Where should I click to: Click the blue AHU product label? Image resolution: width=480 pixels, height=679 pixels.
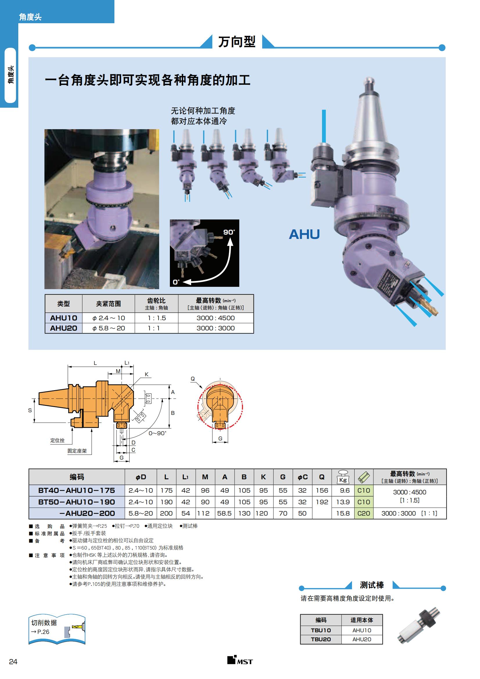coord(304,234)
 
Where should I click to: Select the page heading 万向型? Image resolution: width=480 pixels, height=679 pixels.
coord(237,42)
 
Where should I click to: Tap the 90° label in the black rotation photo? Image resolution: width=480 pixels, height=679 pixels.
coord(229,232)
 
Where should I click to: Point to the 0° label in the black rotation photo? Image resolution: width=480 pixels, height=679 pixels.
coord(176,282)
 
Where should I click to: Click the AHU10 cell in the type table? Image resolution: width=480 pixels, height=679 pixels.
coord(64,318)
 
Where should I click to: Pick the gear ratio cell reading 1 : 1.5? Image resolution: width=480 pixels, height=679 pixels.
coord(157,318)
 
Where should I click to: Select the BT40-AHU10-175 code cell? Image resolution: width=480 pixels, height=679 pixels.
coord(77,490)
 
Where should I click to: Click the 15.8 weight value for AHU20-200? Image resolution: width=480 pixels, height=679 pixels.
coord(343,514)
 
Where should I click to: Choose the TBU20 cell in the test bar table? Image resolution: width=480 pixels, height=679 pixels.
coord(321,639)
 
